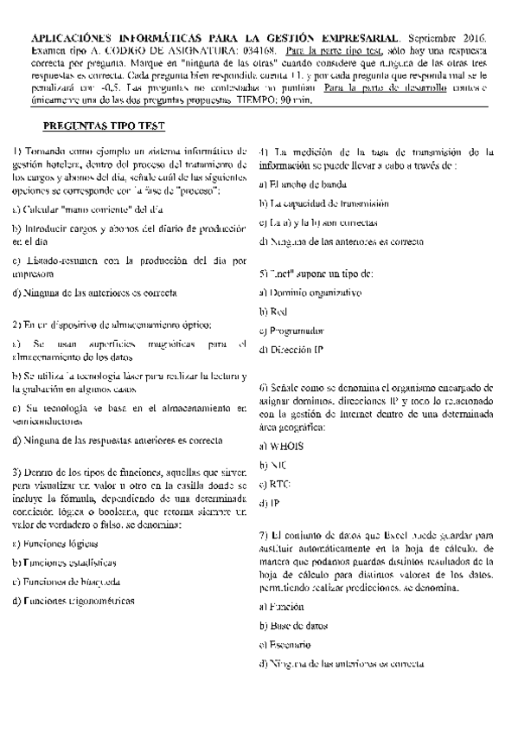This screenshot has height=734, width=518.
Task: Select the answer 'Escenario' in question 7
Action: (290, 645)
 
